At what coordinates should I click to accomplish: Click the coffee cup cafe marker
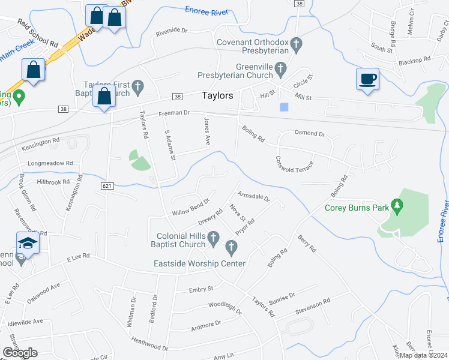(x=367, y=79)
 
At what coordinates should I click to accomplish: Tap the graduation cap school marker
(x=26, y=243)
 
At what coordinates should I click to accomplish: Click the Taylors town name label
(x=217, y=95)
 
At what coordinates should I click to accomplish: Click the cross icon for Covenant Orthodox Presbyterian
(x=295, y=43)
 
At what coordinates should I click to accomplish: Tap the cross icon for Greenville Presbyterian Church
(x=280, y=71)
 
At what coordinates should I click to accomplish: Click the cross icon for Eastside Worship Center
(x=231, y=247)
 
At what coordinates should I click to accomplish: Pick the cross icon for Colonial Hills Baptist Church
(x=213, y=240)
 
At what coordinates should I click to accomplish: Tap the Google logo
(x=20, y=353)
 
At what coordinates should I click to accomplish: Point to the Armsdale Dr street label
(x=254, y=196)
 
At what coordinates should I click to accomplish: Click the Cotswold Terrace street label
(x=294, y=163)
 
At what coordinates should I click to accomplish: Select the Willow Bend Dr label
(x=190, y=207)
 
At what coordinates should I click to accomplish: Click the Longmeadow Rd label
(x=50, y=163)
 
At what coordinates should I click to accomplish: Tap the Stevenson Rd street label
(x=313, y=305)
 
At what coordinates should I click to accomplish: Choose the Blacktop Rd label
(x=415, y=61)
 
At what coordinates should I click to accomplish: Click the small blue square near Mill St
(x=284, y=107)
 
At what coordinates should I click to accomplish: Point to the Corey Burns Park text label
(x=357, y=208)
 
